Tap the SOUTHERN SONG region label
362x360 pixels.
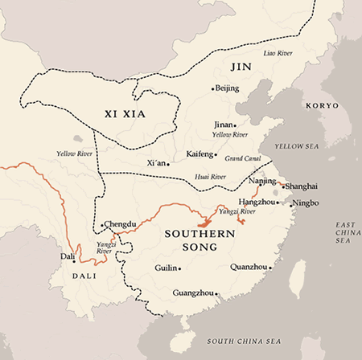coord(190,240)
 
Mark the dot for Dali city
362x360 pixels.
coord(74,260)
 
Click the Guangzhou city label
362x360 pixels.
coord(191,294)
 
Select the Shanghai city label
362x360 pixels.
coord(302,186)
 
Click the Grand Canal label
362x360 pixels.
coord(241,158)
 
